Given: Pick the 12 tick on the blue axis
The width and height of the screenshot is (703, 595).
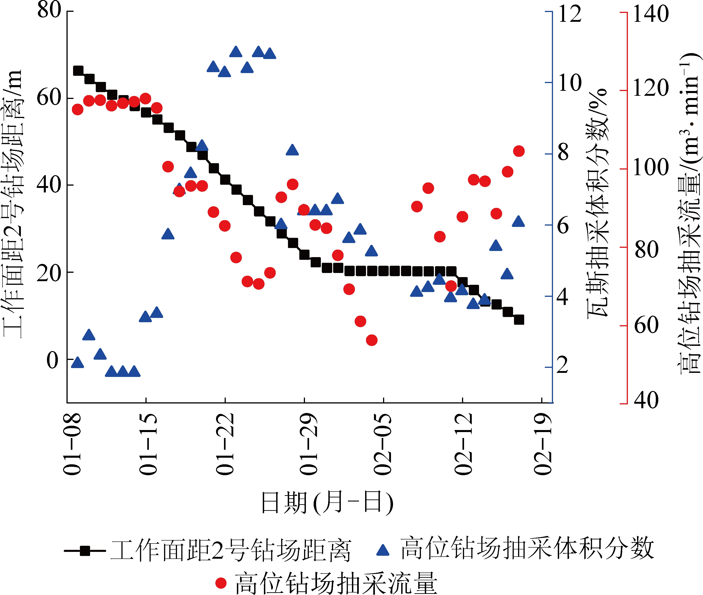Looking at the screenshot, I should [570, 14].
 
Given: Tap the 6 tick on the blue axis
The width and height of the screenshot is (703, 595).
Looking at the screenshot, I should [563, 225].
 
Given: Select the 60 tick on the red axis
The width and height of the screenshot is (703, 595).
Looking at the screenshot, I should [646, 325].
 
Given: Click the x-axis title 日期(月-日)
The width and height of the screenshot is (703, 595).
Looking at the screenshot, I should [327, 503].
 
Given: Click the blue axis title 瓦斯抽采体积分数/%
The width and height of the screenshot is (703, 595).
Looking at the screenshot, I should [597, 204].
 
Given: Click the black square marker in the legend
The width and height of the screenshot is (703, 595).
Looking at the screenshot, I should [85, 551].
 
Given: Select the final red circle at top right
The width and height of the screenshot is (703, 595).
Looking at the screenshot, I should [519, 151].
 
